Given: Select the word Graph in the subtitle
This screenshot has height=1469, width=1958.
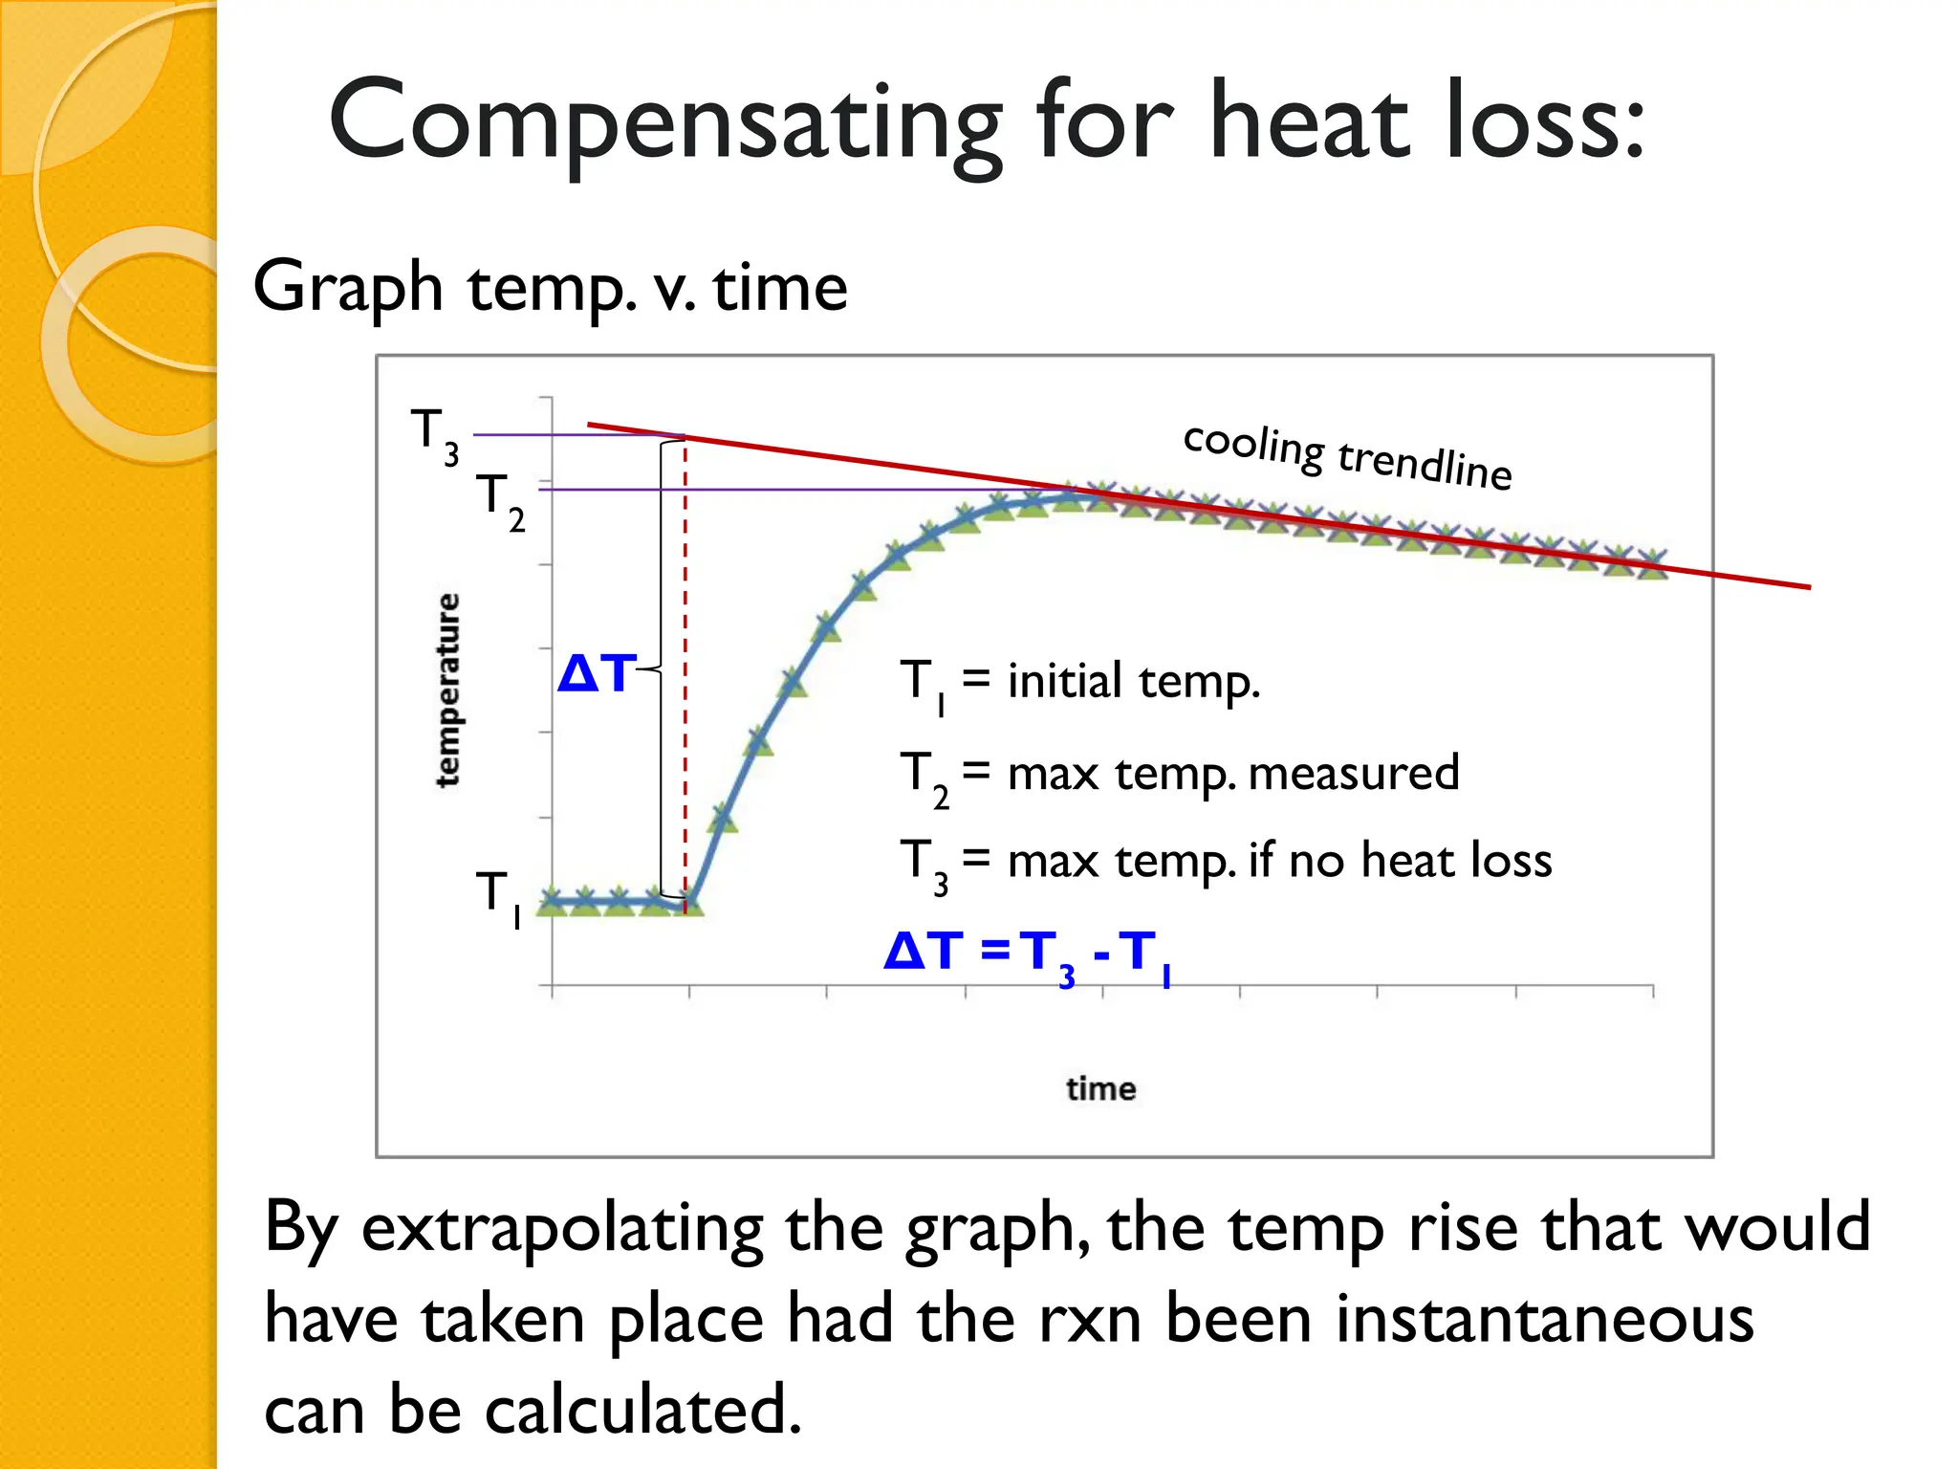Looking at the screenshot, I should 348,287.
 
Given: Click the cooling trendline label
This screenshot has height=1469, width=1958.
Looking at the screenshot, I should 1348,456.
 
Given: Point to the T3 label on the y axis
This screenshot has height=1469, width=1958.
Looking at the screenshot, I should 434,435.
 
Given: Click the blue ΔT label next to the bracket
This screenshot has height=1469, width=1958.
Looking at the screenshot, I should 597,673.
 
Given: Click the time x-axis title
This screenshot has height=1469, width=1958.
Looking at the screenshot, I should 1100,1088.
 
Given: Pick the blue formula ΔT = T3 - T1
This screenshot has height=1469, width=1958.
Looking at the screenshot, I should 1028,954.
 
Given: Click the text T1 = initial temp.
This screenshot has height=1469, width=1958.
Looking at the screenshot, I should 1080,683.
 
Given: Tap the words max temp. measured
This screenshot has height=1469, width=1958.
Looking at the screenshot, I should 1233,773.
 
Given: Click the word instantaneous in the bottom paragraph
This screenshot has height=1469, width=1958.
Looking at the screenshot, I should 1544,1319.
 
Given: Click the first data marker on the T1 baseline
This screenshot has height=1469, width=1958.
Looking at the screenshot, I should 552,901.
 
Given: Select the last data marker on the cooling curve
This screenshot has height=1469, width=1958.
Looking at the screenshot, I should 1652,563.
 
